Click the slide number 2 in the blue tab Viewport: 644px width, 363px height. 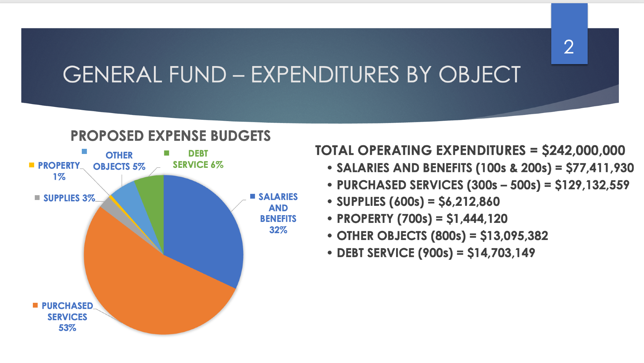(x=569, y=47)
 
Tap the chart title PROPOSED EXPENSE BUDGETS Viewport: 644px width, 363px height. (x=170, y=136)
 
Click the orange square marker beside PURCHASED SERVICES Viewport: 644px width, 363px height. (x=35, y=305)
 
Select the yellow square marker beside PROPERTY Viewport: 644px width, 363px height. (x=32, y=165)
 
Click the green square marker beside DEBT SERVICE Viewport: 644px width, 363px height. (x=166, y=153)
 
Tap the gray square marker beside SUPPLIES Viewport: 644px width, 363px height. (x=37, y=197)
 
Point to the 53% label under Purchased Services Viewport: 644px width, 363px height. (x=67, y=328)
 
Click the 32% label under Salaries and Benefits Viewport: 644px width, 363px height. (x=278, y=230)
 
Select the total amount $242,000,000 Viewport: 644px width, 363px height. (x=583, y=150)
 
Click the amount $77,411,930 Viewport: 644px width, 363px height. (x=600, y=168)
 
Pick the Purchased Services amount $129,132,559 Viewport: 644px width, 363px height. (x=592, y=185)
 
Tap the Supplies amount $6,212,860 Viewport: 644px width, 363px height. (x=469, y=202)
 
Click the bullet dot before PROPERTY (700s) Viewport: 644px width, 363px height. (x=329, y=219)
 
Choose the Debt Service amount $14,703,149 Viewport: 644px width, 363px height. (x=501, y=253)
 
